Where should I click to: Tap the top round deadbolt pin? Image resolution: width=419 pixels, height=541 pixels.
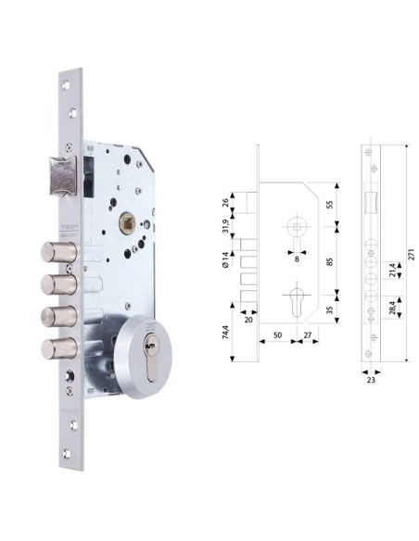click(x=52, y=253)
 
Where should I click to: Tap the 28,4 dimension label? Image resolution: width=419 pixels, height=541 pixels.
click(x=393, y=307)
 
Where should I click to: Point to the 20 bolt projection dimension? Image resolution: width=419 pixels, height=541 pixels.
click(x=248, y=320)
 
